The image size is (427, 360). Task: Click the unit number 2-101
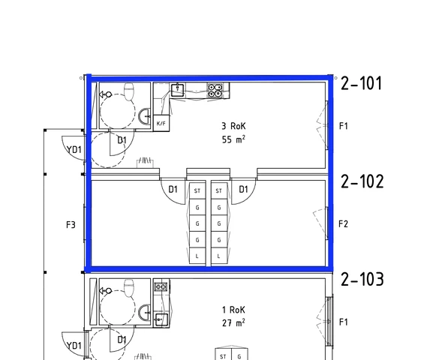click(x=362, y=83)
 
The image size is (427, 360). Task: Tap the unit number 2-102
click(x=362, y=181)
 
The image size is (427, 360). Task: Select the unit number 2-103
click(x=362, y=279)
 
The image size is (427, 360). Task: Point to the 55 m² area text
click(x=233, y=139)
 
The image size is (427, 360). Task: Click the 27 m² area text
click(x=233, y=323)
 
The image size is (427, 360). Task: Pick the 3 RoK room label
click(x=233, y=126)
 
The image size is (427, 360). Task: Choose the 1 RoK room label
click(x=233, y=310)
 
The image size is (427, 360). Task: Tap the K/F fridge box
click(x=161, y=123)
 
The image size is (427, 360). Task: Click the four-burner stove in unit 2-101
click(x=215, y=90)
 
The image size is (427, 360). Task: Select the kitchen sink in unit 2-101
click(x=178, y=90)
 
